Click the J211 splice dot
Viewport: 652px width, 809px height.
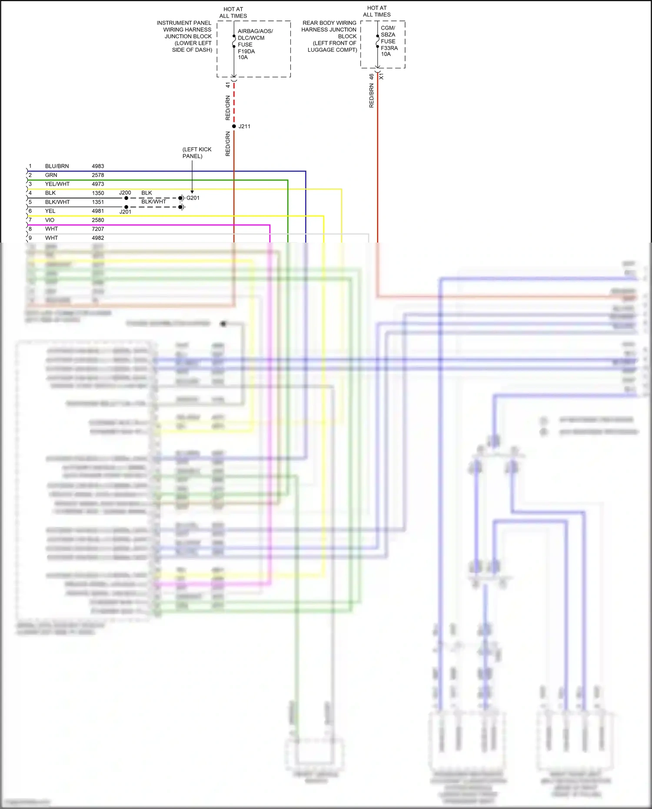(x=234, y=126)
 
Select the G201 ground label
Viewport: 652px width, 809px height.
(x=193, y=198)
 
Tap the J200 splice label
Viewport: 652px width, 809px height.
(x=125, y=193)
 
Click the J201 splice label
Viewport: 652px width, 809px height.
(x=125, y=212)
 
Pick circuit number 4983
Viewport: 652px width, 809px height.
(x=98, y=166)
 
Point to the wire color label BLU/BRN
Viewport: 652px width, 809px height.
(x=57, y=166)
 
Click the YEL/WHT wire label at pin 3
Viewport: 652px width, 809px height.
(x=57, y=184)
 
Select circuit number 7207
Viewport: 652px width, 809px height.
(x=98, y=229)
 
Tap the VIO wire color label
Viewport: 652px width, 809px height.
(x=50, y=220)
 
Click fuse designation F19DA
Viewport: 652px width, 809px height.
(x=246, y=51)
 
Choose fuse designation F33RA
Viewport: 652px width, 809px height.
(x=389, y=48)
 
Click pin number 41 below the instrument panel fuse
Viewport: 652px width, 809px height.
(x=228, y=85)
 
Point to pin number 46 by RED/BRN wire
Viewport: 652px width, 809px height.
(x=371, y=77)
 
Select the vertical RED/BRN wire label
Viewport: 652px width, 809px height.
(x=371, y=96)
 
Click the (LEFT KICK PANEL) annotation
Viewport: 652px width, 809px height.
(x=196, y=153)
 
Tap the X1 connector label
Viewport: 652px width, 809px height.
(x=381, y=77)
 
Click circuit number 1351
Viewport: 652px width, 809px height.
(x=98, y=202)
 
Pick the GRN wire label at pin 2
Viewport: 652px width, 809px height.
(x=51, y=175)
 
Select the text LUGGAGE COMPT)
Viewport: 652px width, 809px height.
(x=332, y=50)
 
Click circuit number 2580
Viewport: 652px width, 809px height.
(x=98, y=220)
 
